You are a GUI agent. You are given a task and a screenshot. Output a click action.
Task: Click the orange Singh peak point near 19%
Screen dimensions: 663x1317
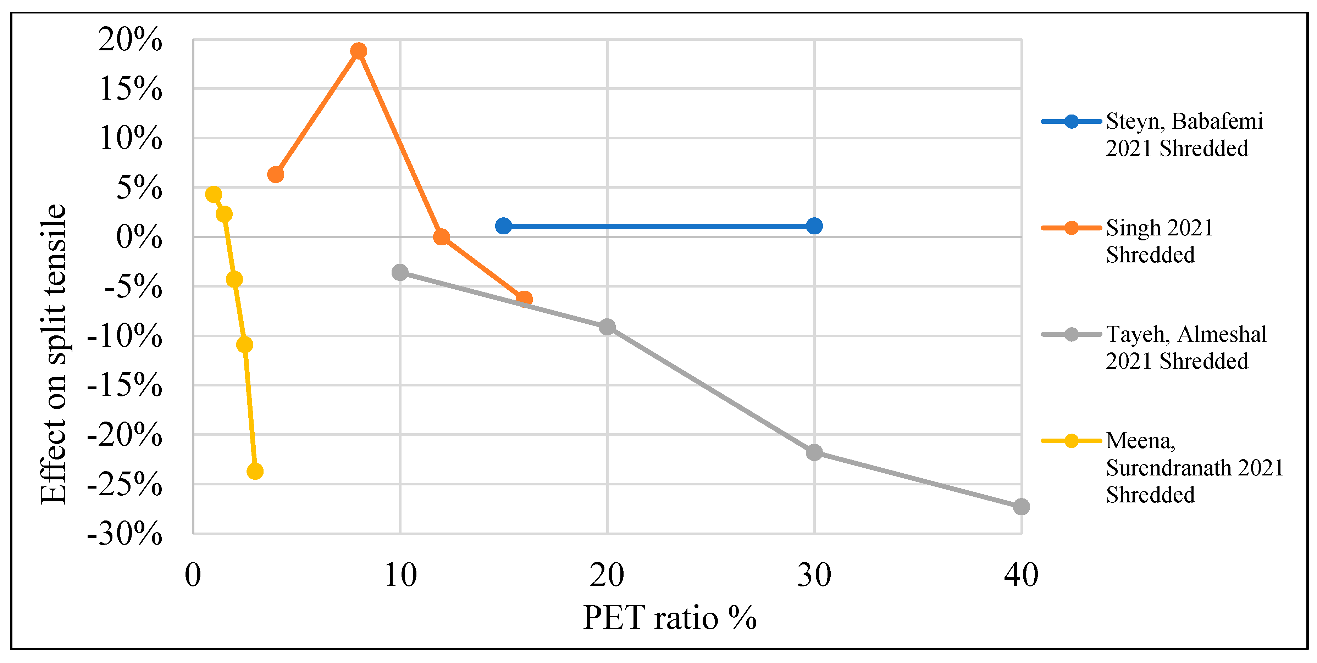click(x=358, y=51)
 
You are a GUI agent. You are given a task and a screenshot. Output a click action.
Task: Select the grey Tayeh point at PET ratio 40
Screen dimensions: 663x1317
click(x=1021, y=507)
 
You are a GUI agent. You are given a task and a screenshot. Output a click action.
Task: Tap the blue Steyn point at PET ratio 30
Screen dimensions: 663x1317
click(x=814, y=225)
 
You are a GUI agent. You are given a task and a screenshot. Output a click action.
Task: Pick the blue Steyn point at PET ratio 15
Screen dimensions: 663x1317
click(x=504, y=225)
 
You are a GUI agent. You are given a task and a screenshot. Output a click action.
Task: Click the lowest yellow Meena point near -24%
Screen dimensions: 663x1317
click(x=255, y=471)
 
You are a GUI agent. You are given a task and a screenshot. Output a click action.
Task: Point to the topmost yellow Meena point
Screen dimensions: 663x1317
click(x=213, y=194)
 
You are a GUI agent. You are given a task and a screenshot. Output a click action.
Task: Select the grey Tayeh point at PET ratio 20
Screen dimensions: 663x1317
click(x=607, y=327)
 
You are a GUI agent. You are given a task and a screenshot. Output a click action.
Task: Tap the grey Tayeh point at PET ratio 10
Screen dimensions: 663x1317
click(x=400, y=272)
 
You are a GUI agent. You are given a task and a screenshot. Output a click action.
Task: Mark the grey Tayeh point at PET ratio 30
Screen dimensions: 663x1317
click(x=814, y=452)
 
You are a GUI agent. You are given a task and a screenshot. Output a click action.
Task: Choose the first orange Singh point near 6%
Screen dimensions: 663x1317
click(x=276, y=174)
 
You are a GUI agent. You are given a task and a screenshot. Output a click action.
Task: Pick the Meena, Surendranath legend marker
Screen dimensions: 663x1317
click(x=1071, y=441)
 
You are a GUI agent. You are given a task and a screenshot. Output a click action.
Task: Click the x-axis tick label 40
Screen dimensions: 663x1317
click(x=1021, y=575)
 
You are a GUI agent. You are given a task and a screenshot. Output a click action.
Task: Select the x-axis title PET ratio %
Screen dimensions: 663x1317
click(x=669, y=618)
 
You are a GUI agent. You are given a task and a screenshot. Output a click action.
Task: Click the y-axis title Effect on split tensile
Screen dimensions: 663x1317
click(x=53, y=354)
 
